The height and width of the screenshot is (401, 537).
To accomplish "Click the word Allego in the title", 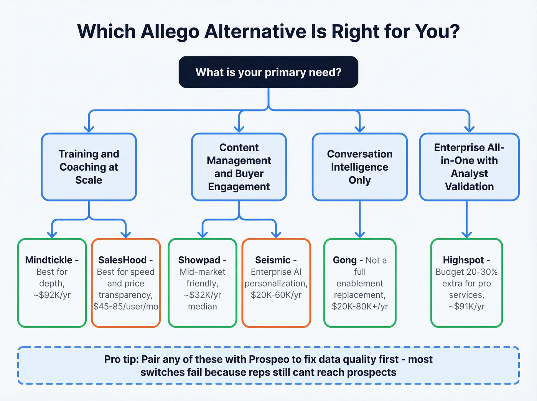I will click(170, 32).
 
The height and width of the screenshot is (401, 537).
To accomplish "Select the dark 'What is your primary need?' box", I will click(268, 72).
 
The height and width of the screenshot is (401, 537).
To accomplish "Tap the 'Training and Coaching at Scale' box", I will click(89, 167).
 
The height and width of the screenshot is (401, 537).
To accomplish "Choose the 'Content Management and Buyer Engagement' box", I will click(239, 167).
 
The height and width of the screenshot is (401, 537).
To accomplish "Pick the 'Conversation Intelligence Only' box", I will click(359, 167).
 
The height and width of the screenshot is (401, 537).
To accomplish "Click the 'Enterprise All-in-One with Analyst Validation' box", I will click(469, 167).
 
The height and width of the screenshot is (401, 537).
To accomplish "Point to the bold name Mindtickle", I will click(49, 260).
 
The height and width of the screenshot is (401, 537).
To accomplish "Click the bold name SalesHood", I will click(122, 260).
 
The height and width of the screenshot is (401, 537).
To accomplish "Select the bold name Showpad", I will click(199, 260).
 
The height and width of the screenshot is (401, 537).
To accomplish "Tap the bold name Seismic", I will click(273, 260).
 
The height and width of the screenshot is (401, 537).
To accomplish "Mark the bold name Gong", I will click(344, 260).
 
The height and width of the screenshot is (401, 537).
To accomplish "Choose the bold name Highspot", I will click(463, 260).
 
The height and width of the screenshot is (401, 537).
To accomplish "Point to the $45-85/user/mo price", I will click(126, 307).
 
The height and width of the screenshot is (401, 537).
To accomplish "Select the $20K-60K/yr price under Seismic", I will click(276, 295).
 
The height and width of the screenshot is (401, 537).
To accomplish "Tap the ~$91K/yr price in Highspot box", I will click(466, 307).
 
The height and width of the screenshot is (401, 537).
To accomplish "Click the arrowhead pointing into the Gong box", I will click(359, 234).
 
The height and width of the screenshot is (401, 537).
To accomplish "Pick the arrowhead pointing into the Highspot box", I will click(466, 234).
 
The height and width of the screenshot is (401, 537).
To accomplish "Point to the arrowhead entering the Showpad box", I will click(203, 234).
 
